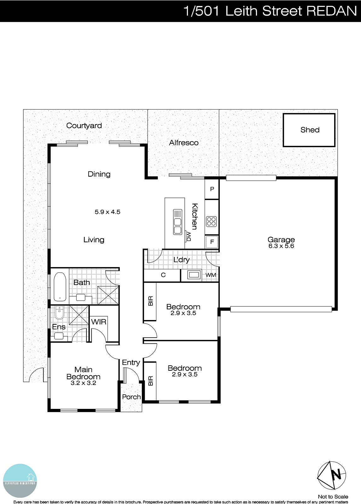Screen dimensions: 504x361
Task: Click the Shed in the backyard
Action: coord(309,130)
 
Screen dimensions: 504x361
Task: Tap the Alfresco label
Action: coord(183,143)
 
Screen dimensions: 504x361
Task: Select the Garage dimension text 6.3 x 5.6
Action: coord(281,246)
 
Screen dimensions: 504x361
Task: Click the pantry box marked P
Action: coord(212,189)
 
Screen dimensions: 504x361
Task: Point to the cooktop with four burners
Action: coord(212,221)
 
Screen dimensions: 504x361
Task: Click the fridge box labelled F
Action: coord(212,242)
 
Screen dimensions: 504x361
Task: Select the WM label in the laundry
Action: coord(211,275)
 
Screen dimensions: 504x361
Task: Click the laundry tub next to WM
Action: coord(194,275)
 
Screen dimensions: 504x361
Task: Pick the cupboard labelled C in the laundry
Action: coord(163,275)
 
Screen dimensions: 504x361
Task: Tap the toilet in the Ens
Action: coord(59,313)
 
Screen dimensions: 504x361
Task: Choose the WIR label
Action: coord(99,322)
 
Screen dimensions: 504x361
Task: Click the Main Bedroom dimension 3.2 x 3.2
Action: coord(83,383)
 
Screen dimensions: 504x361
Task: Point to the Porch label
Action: coord(131,397)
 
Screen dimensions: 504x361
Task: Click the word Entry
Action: coord(131,363)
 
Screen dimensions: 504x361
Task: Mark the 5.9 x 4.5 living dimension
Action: coord(108,212)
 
